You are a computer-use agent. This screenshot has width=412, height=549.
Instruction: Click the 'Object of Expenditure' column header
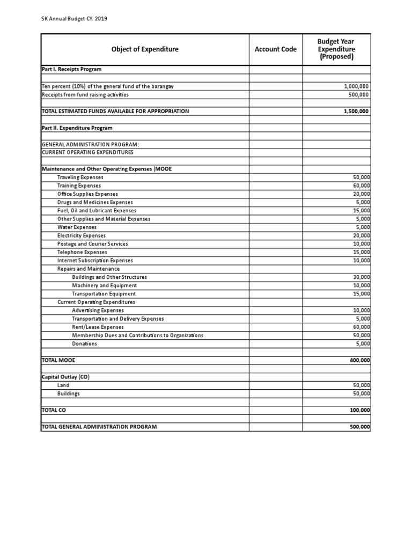click(x=145, y=49)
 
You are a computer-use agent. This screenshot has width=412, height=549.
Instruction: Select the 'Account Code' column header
click(x=275, y=49)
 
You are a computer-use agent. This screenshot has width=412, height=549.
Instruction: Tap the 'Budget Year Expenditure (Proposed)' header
click(x=336, y=49)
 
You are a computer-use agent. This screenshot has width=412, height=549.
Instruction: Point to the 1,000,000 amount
click(x=357, y=86)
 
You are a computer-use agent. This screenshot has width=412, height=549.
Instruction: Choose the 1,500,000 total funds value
click(x=357, y=112)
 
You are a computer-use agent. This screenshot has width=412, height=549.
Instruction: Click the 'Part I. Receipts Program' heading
click(x=71, y=69)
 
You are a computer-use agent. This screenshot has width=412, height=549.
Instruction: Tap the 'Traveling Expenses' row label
click(x=80, y=177)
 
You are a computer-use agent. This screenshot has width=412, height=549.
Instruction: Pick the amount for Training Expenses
click(x=361, y=186)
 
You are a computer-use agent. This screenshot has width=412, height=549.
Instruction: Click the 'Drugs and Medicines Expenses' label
click(x=95, y=202)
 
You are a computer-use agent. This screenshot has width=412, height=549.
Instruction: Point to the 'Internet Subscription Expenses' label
click(x=95, y=261)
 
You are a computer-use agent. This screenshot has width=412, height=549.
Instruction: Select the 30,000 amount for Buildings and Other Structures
click(x=361, y=277)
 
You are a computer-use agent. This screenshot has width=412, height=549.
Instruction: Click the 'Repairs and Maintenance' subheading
click(x=89, y=269)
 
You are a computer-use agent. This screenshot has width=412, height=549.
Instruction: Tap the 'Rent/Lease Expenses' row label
click(x=98, y=327)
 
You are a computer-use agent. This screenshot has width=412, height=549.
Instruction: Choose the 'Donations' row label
click(x=85, y=344)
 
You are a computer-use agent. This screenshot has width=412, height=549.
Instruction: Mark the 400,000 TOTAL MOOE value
click(x=359, y=360)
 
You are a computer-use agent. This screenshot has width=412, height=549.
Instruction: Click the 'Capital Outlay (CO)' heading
click(x=65, y=377)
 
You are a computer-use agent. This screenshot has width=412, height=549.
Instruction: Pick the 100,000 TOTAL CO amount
click(x=359, y=410)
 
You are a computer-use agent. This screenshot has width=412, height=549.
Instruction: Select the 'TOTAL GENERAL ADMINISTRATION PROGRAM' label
click(x=99, y=427)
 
